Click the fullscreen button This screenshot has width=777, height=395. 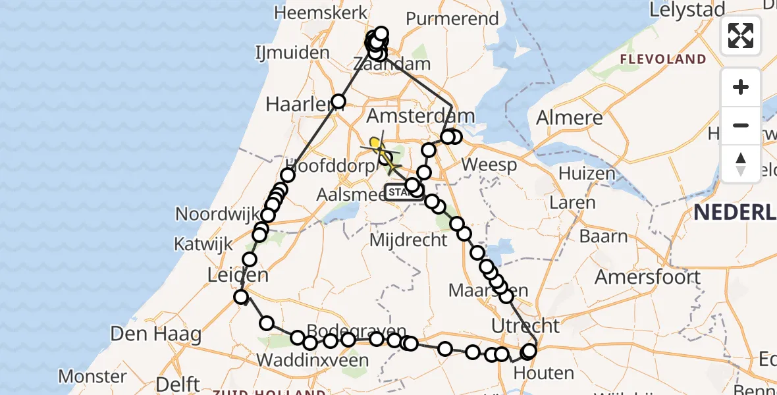pyautogui.click(x=741, y=36)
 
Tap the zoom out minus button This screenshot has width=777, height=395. pyautogui.click(x=741, y=126)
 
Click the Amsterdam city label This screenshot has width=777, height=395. pyautogui.click(x=420, y=117)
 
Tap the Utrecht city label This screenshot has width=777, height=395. pyautogui.click(x=526, y=326)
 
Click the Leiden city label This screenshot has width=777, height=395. pyautogui.click(x=238, y=275)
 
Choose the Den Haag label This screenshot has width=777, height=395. pyautogui.click(x=146, y=334)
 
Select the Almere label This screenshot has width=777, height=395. pyautogui.click(x=570, y=118)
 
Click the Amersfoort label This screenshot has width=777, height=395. pyautogui.click(x=648, y=277)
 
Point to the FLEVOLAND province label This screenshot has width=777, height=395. pyautogui.click(x=662, y=59)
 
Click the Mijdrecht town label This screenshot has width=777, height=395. pyautogui.click(x=408, y=240)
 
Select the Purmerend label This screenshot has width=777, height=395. pyautogui.click(x=452, y=18)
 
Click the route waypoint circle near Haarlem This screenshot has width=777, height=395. pyautogui.click(x=338, y=101)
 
